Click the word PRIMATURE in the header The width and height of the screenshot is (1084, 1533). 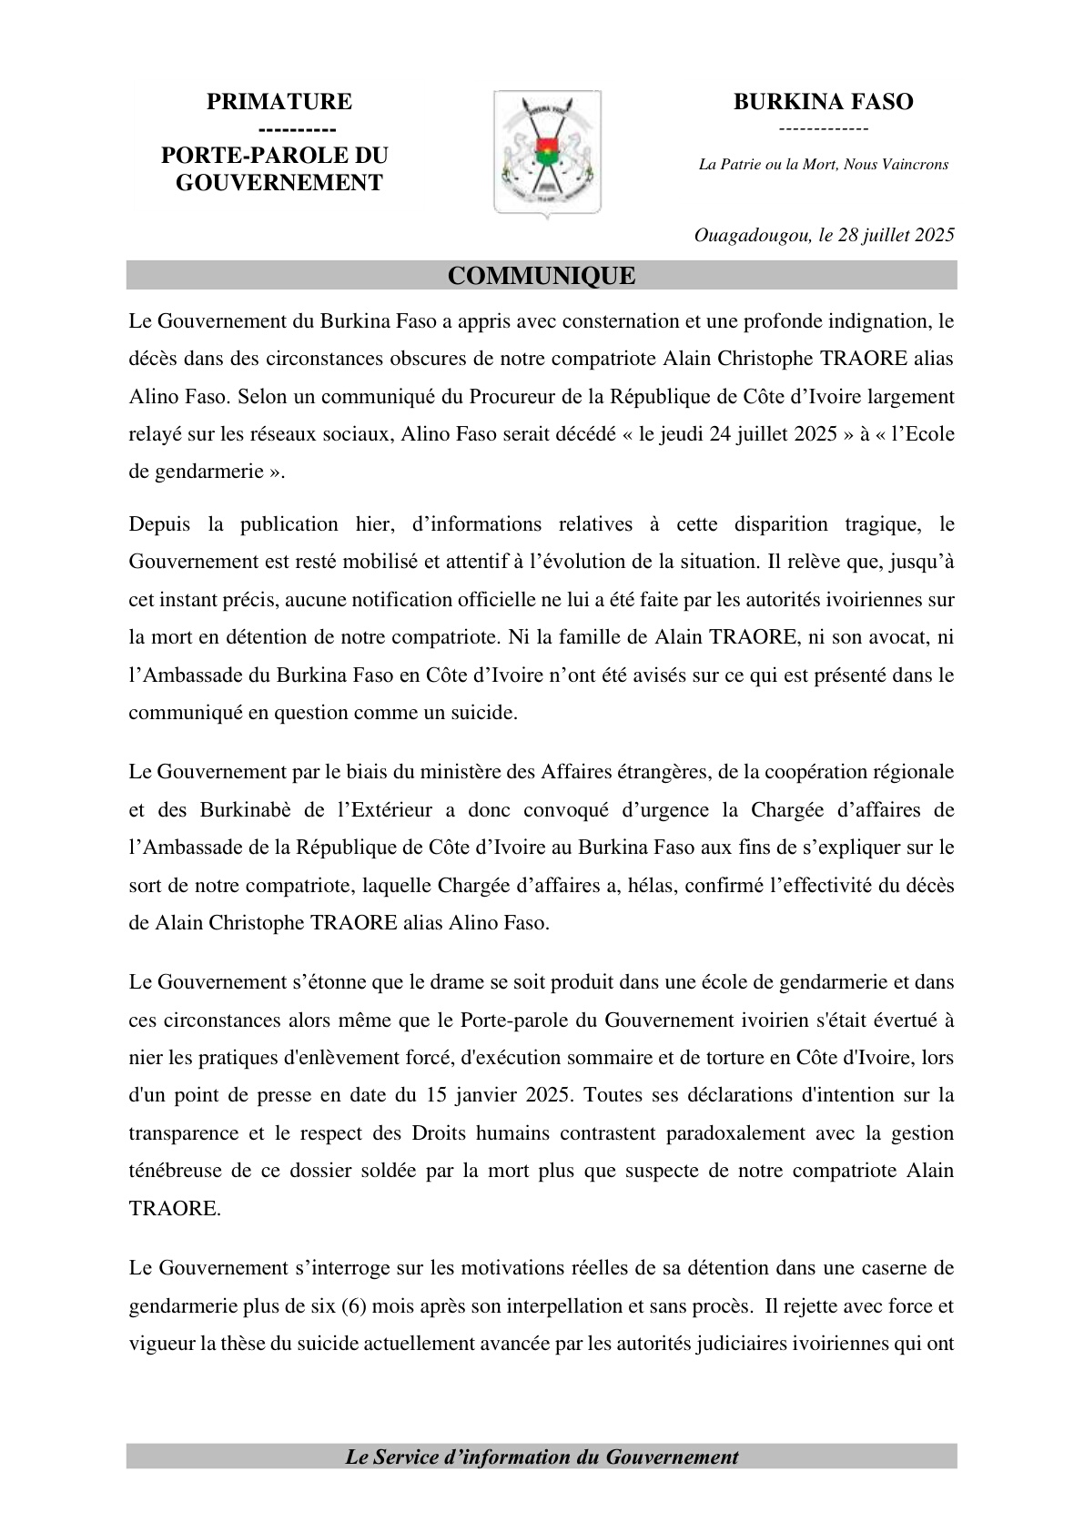(279, 102)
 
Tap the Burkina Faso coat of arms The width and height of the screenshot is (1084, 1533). (547, 152)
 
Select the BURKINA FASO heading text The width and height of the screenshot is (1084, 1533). (823, 102)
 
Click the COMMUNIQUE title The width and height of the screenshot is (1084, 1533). (542, 276)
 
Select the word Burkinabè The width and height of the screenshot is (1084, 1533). (235, 810)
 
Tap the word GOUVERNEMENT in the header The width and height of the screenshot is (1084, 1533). (279, 183)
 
